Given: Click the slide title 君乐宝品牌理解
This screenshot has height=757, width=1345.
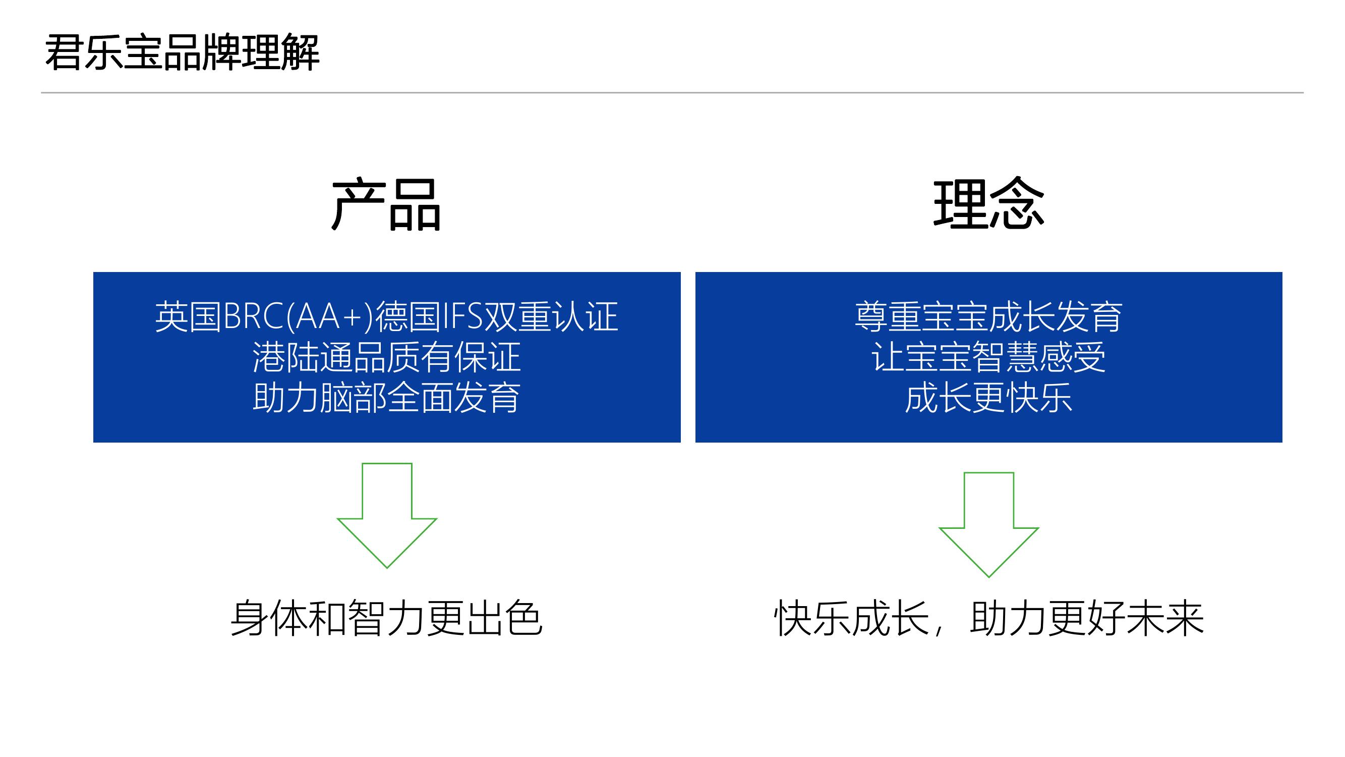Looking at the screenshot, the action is click(182, 52).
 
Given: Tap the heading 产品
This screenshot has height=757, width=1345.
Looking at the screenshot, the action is click(386, 204).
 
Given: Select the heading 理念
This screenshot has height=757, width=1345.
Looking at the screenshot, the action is click(988, 203).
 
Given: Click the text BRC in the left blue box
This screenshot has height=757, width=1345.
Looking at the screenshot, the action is click(254, 316).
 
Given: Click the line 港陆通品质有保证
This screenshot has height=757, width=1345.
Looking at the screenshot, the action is click(387, 357).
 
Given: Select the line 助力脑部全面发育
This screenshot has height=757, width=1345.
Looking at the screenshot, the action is click(387, 398).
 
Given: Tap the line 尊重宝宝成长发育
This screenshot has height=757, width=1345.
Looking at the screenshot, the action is click(988, 316).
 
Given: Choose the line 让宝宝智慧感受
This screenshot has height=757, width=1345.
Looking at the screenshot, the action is click(988, 357).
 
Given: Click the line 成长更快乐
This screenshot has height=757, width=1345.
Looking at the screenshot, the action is click(988, 398).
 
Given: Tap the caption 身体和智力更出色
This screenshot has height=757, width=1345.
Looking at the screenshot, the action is click(387, 619).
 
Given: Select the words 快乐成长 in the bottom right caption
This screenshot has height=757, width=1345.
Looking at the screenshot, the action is click(852, 619).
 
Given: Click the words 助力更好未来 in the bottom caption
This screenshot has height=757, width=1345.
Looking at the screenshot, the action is click(1087, 619).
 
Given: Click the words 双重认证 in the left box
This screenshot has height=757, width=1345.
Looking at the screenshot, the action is click(551, 316).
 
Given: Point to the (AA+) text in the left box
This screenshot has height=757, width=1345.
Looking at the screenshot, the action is click(330, 316).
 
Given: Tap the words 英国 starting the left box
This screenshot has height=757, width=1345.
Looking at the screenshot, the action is click(189, 316).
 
